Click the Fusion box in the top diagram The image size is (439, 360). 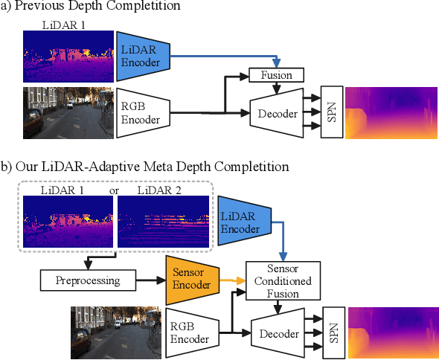275,75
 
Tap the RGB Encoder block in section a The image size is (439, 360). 143,113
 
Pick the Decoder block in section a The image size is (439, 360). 276,114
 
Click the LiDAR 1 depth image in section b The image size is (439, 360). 69,221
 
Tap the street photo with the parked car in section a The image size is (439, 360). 68,113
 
